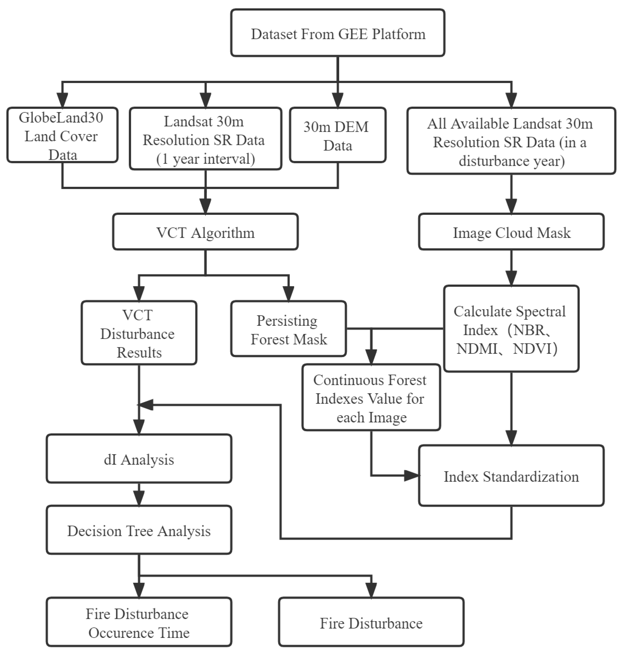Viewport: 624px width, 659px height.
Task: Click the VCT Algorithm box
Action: tap(205, 232)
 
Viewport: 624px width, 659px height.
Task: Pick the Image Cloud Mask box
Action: tap(511, 232)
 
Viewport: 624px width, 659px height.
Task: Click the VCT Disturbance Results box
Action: tap(139, 333)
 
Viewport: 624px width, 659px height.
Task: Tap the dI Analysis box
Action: tap(139, 459)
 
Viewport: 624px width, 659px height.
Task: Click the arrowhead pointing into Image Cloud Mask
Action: tap(511, 206)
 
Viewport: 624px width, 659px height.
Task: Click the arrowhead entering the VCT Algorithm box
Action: tap(205, 206)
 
